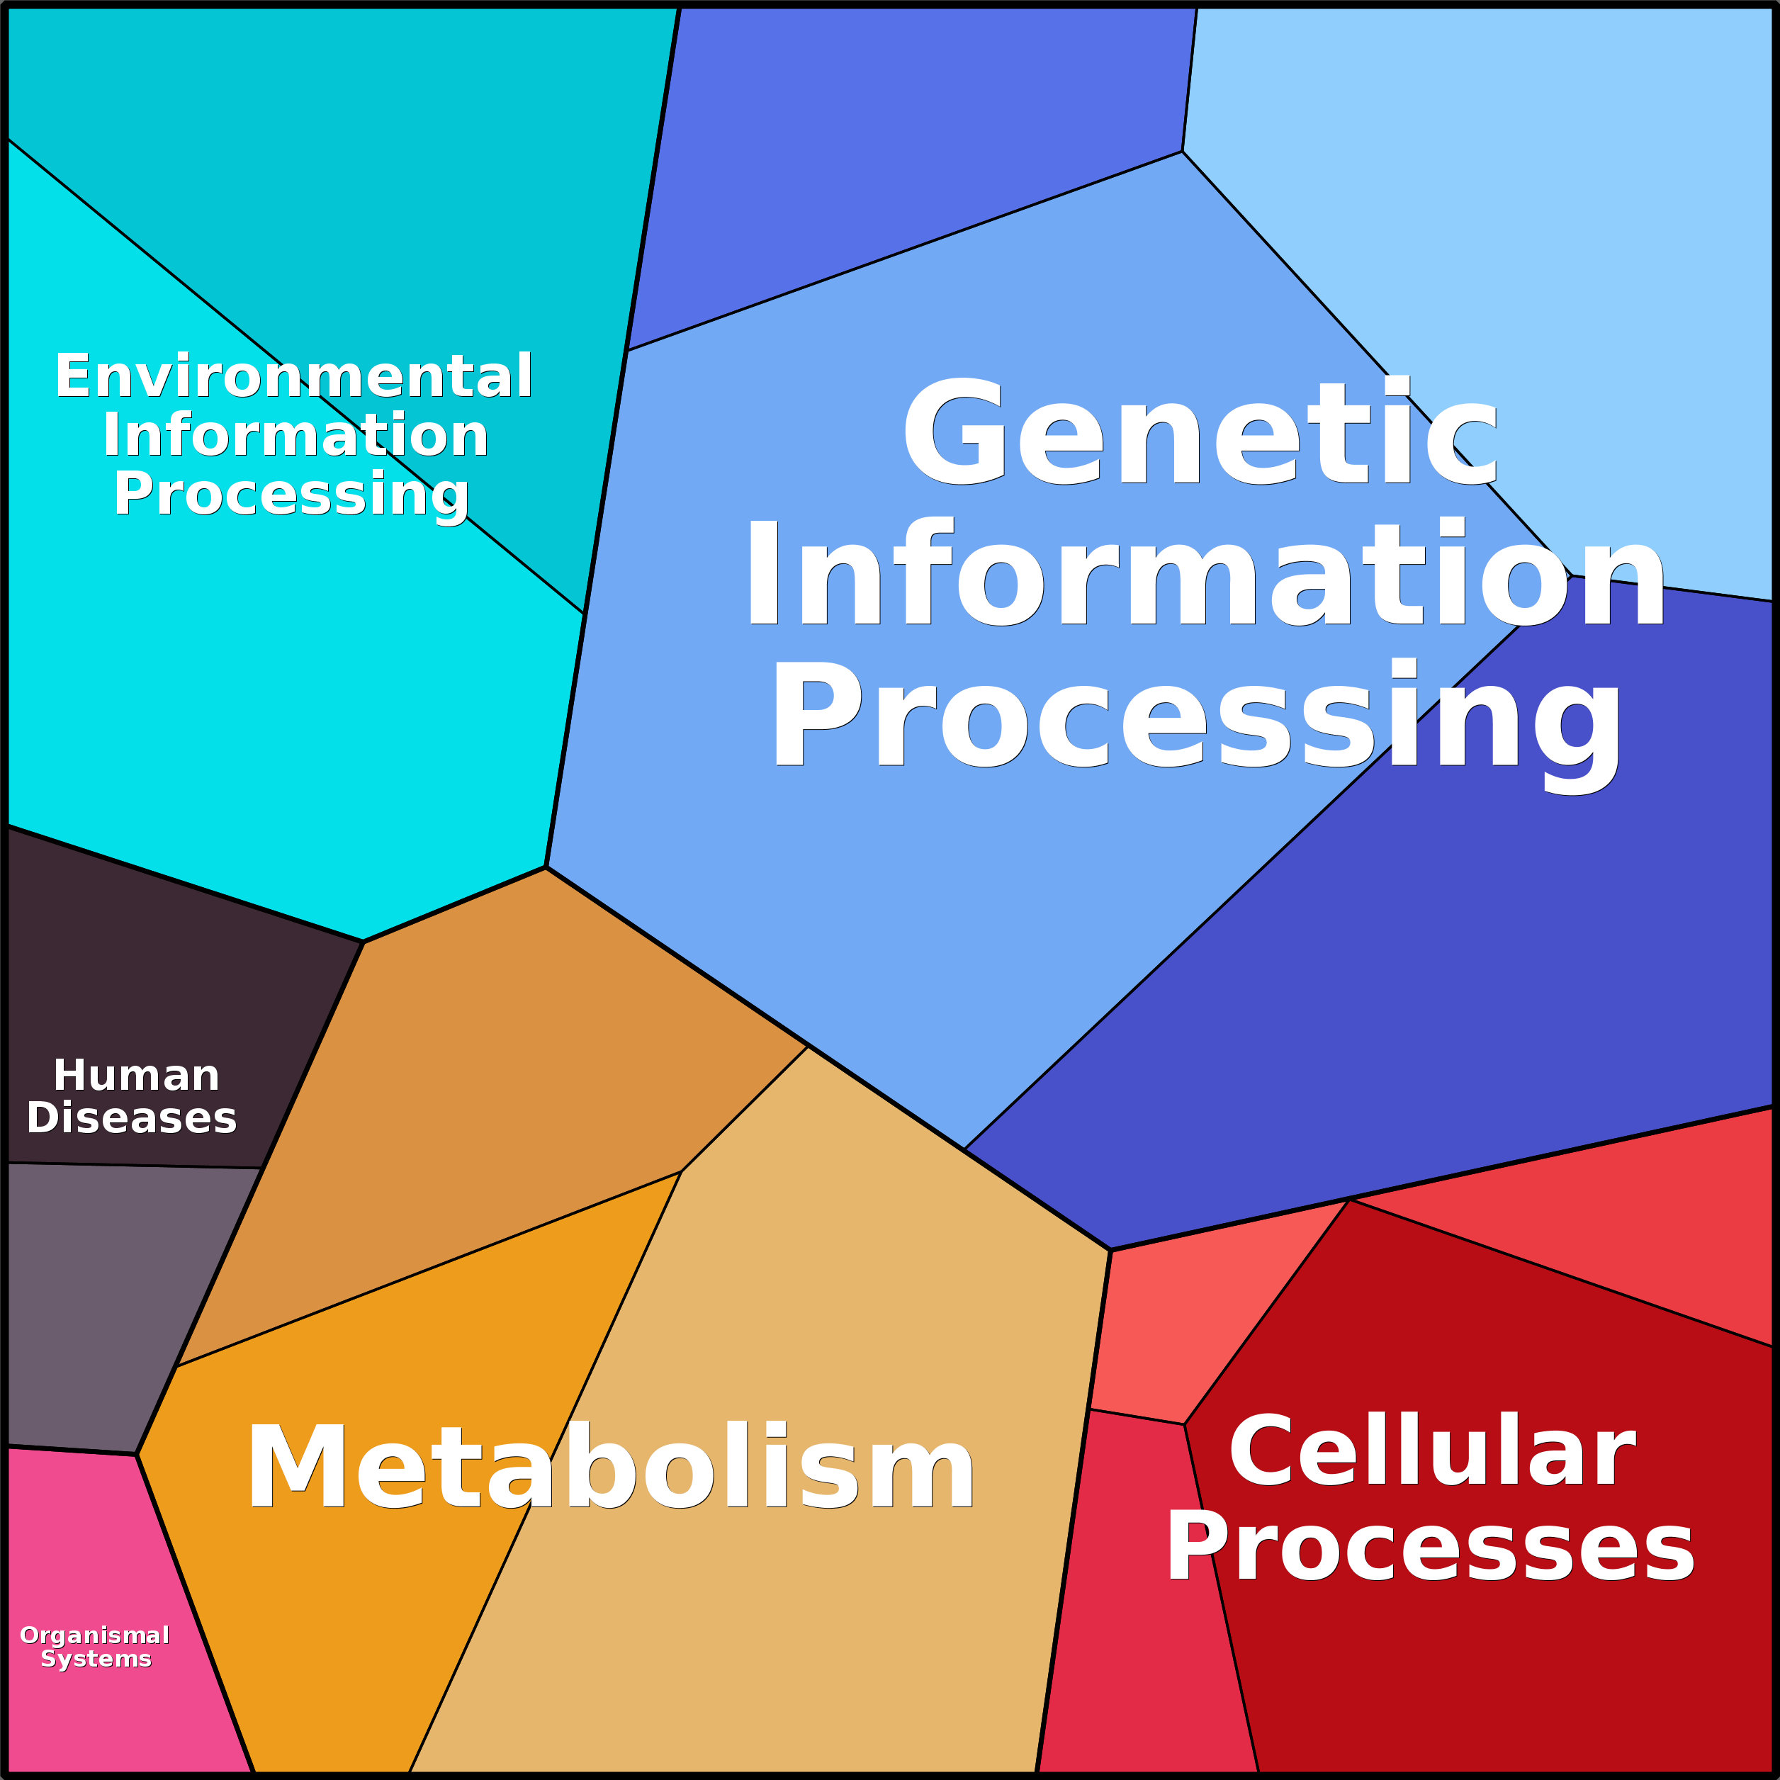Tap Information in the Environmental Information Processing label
pos(295,435)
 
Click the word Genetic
pos(1200,432)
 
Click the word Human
pos(136,1075)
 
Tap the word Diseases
pos(132,1117)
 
